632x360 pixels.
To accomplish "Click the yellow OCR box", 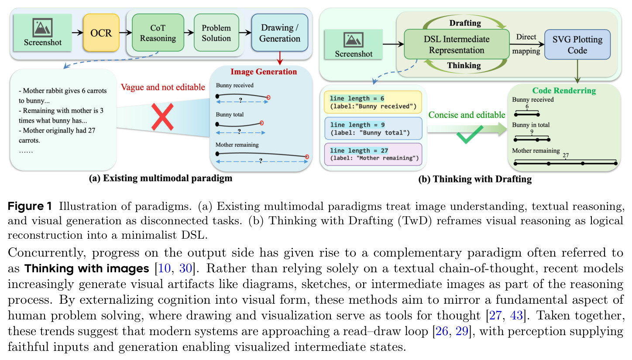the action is coord(101,33).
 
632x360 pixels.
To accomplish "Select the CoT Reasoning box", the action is coord(158,33).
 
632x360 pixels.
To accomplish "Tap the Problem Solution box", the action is coord(216,33).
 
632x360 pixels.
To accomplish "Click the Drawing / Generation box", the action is coord(280,33).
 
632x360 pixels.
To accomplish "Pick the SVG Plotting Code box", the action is coord(577,45).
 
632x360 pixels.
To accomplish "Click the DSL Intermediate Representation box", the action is coord(457,45).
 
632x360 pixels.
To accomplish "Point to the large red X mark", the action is coord(162,117).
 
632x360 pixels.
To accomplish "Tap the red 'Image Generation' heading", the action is coord(264,72).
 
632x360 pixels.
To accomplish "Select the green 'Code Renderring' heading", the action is coord(564,91).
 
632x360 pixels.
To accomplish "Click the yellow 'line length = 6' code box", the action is coord(373,102).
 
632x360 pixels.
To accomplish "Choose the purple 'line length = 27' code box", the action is coord(373,154).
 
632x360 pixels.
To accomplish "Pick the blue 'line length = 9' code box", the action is coord(373,129).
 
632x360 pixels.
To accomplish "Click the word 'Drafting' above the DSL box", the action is coord(465,23).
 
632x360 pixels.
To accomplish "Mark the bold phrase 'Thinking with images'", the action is coord(86,268).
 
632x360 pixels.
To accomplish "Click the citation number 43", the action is coord(516,315).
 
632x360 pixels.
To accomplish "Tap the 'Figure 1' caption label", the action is coord(30,206).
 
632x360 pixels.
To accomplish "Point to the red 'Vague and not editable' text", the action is coord(163,87).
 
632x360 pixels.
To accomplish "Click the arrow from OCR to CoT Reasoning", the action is coord(126,33).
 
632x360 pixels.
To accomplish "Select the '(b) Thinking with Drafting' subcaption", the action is coord(475,179).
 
